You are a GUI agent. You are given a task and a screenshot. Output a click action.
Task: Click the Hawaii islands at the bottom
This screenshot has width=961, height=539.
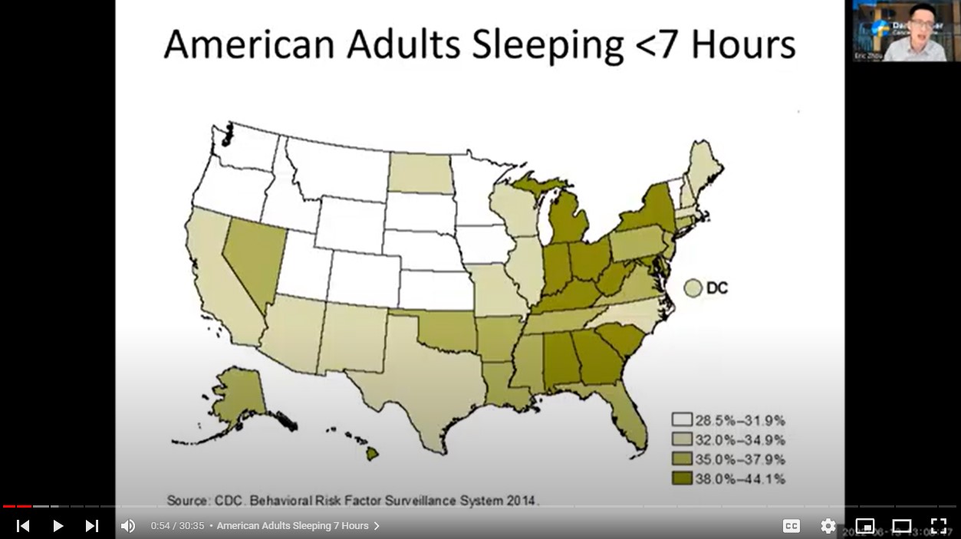click(371, 454)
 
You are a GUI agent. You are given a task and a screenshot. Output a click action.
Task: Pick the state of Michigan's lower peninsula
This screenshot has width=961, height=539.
click(568, 222)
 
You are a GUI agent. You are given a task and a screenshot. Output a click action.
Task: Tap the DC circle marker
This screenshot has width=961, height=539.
click(693, 288)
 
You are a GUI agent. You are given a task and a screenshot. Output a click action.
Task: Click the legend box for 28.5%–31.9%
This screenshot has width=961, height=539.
click(682, 420)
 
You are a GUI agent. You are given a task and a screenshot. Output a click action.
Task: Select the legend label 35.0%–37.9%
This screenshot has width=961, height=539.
click(739, 459)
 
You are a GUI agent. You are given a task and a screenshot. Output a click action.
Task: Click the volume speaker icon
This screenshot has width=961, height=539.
click(128, 526)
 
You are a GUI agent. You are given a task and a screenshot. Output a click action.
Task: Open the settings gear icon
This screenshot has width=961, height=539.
click(828, 526)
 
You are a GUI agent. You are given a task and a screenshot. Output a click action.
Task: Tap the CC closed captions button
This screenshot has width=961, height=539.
click(792, 526)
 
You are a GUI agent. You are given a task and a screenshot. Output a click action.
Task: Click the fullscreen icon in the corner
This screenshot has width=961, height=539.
click(939, 526)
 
